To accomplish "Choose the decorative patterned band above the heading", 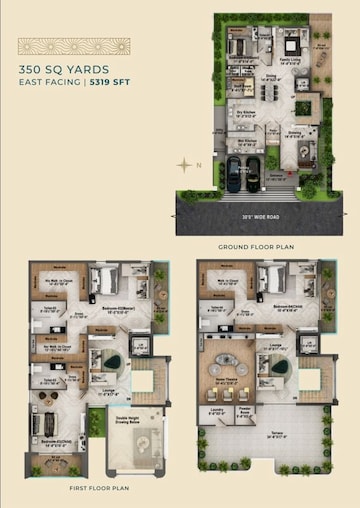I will (x=73, y=46).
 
